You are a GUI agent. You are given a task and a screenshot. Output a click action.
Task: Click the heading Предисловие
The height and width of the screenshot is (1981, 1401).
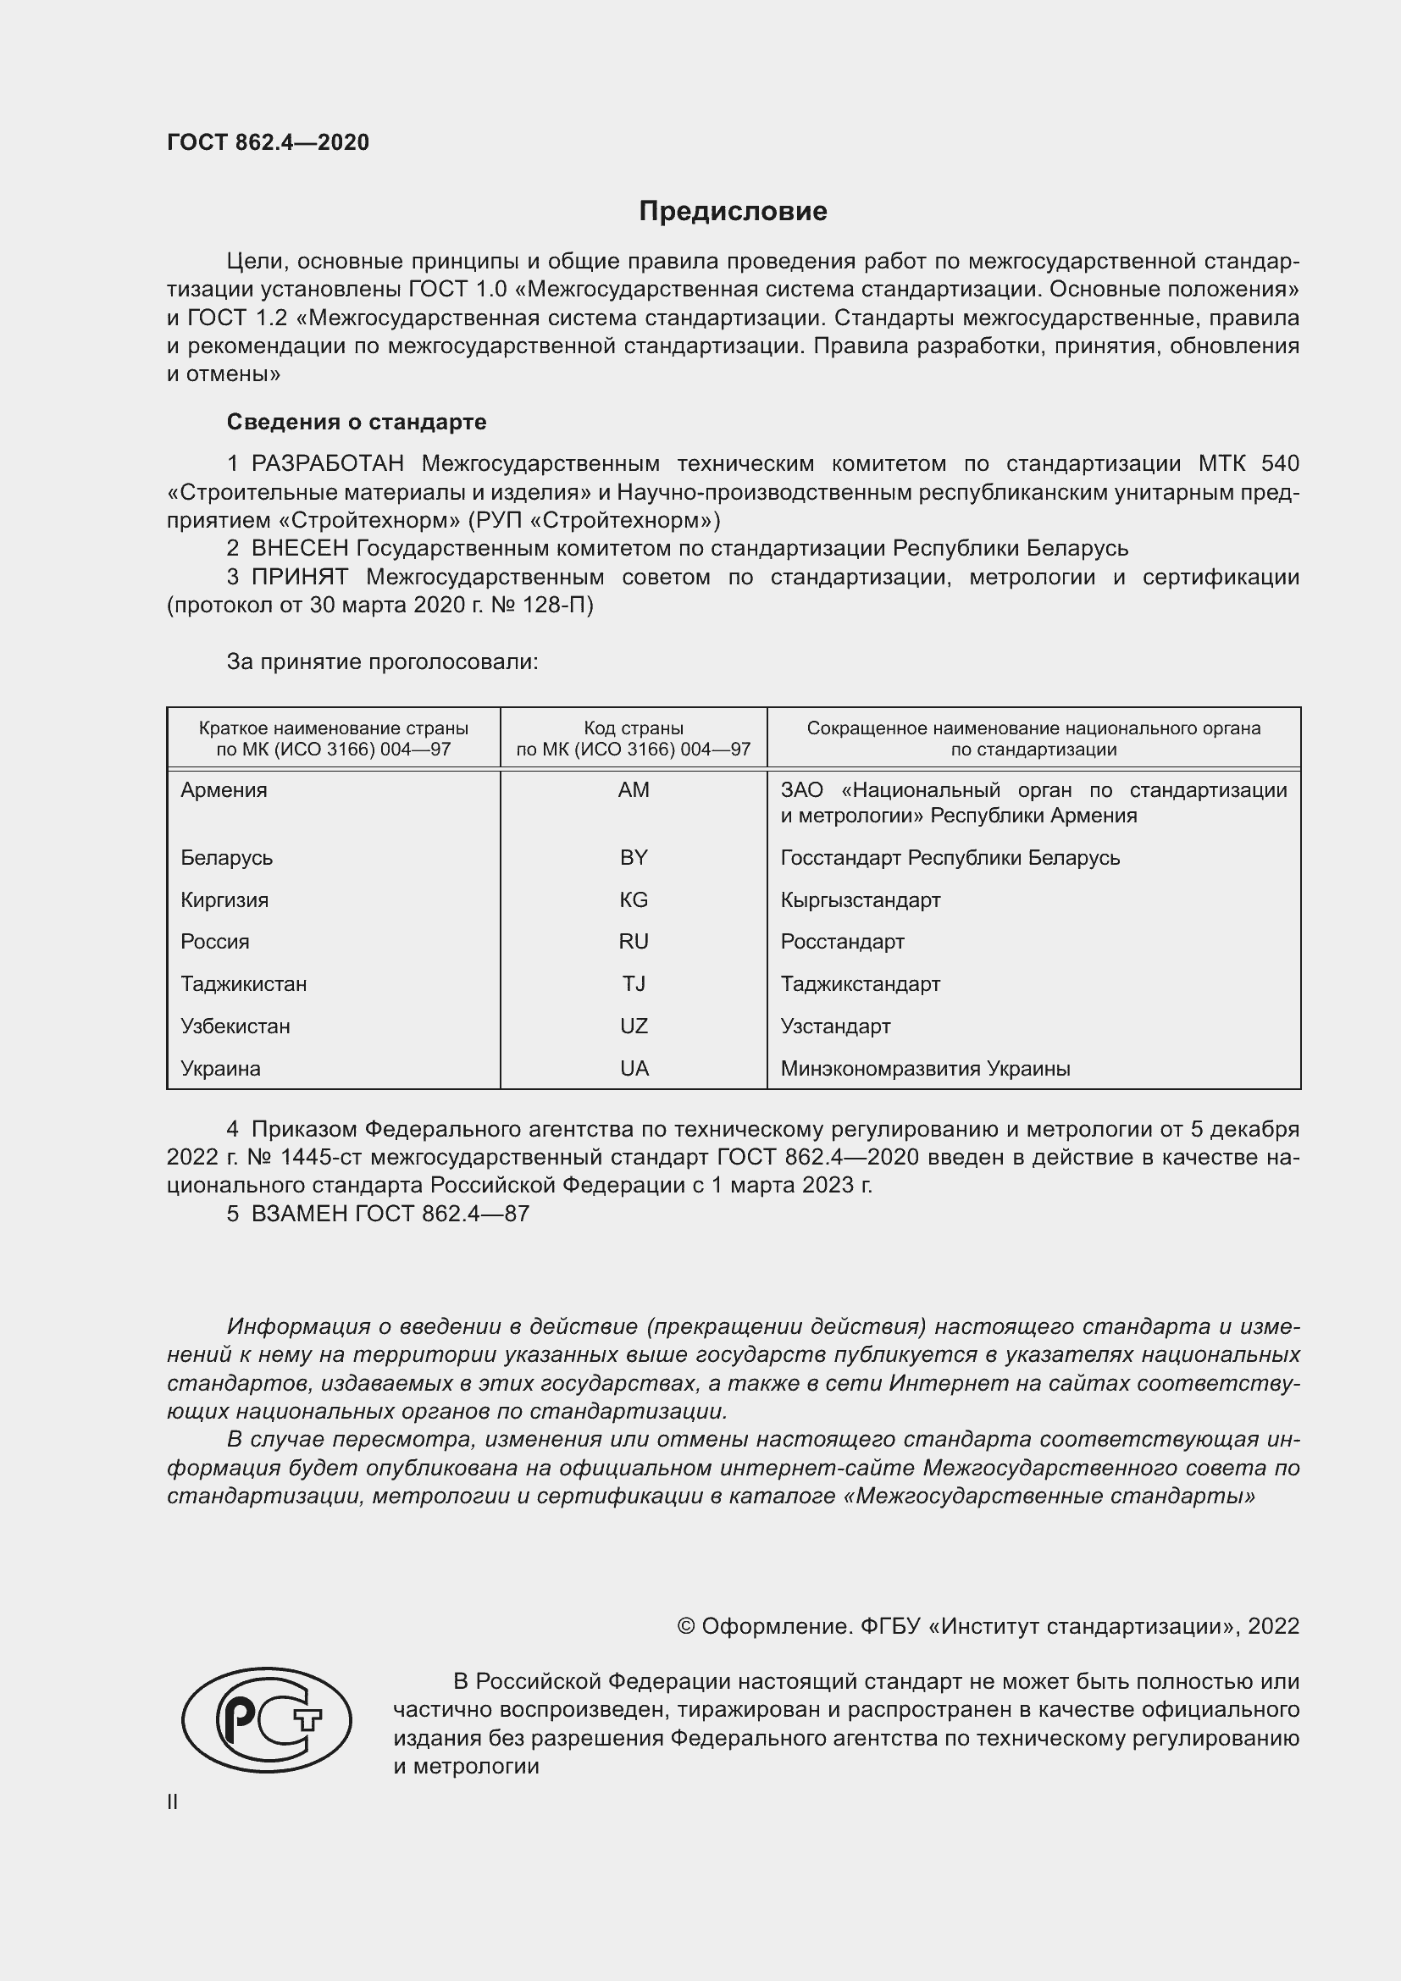tap(733, 212)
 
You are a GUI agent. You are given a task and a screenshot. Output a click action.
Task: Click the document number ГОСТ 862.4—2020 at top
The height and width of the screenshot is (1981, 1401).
tap(268, 142)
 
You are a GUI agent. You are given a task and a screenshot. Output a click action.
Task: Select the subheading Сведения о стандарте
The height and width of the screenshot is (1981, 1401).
tap(357, 422)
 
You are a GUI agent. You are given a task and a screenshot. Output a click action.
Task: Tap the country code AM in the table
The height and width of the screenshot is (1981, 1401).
tap(634, 790)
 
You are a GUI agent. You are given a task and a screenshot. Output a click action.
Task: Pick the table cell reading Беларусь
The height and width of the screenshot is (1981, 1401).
tap(226, 858)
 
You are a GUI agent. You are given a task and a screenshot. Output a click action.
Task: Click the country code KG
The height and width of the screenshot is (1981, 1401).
tap(634, 900)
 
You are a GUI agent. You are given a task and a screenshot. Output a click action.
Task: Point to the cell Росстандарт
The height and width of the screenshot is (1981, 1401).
tap(842, 941)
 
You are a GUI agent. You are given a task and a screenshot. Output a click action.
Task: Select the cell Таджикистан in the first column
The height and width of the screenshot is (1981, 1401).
tap(243, 983)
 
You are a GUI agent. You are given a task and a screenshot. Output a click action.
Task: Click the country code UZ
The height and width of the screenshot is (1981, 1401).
tap(634, 1026)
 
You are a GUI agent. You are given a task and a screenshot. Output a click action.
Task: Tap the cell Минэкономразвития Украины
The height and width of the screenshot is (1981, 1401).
tap(925, 1068)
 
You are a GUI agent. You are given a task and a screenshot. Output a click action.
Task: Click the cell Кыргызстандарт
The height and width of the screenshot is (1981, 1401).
tap(860, 900)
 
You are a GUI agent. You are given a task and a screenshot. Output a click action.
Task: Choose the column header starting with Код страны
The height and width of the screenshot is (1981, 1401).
tap(634, 739)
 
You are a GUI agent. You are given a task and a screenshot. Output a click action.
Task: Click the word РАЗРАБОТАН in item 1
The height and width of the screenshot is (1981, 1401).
tap(327, 464)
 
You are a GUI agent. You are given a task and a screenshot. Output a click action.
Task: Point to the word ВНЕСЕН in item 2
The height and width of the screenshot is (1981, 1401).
tap(299, 549)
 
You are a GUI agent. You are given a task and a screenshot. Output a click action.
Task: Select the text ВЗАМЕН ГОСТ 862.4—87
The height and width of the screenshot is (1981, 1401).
tap(390, 1214)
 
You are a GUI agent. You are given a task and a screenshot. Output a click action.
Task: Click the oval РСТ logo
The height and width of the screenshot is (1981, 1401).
tap(267, 1719)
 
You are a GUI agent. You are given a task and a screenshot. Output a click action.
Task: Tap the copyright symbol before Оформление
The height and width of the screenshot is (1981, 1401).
tap(686, 1626)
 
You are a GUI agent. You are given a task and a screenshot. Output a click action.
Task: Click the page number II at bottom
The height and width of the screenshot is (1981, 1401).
tap(173, 1801)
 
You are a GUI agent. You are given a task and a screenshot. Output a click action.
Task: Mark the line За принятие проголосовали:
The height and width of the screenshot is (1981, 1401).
tap(382, 661)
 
